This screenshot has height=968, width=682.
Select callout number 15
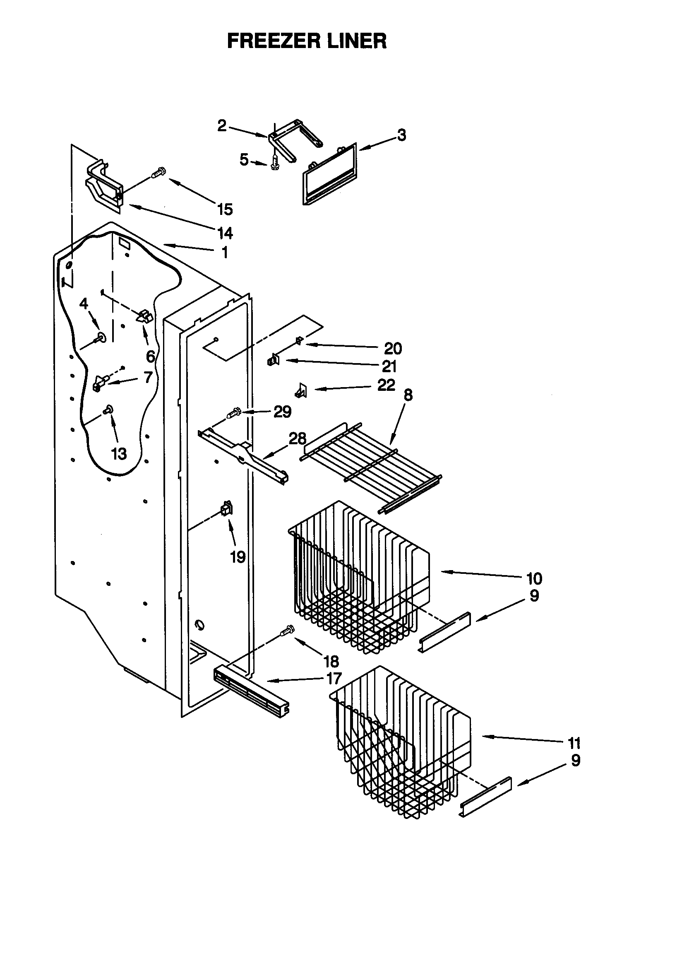pos(225,209)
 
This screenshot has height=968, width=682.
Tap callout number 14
pos(225,233)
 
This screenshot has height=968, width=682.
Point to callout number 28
pos(297,438)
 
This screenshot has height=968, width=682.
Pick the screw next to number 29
pos(233,412)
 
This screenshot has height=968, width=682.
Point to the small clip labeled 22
pos(301,390)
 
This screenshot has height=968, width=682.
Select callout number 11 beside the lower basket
pos(574,742)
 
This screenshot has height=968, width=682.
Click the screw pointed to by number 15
pos(159,172)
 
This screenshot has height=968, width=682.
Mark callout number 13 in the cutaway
pos(119,454)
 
